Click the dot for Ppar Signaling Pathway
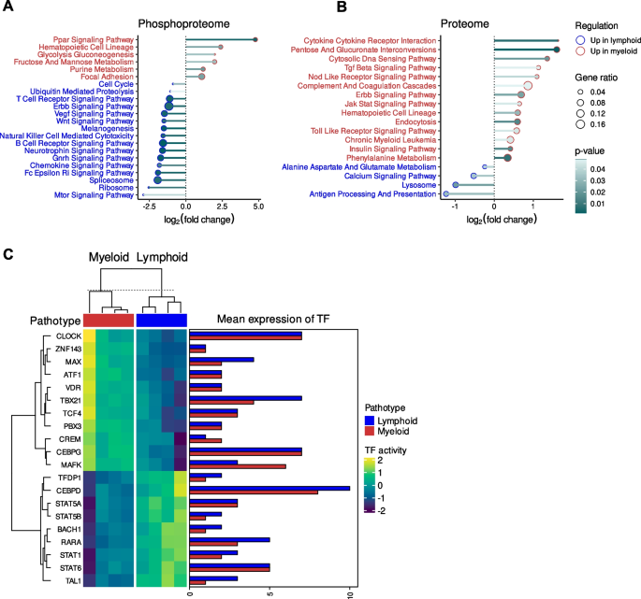pos(255,39)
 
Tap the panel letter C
pos(8,253)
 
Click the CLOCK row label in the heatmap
pos(67,335)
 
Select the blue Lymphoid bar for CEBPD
pos(270,487)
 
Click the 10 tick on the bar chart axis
pos(349,591)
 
